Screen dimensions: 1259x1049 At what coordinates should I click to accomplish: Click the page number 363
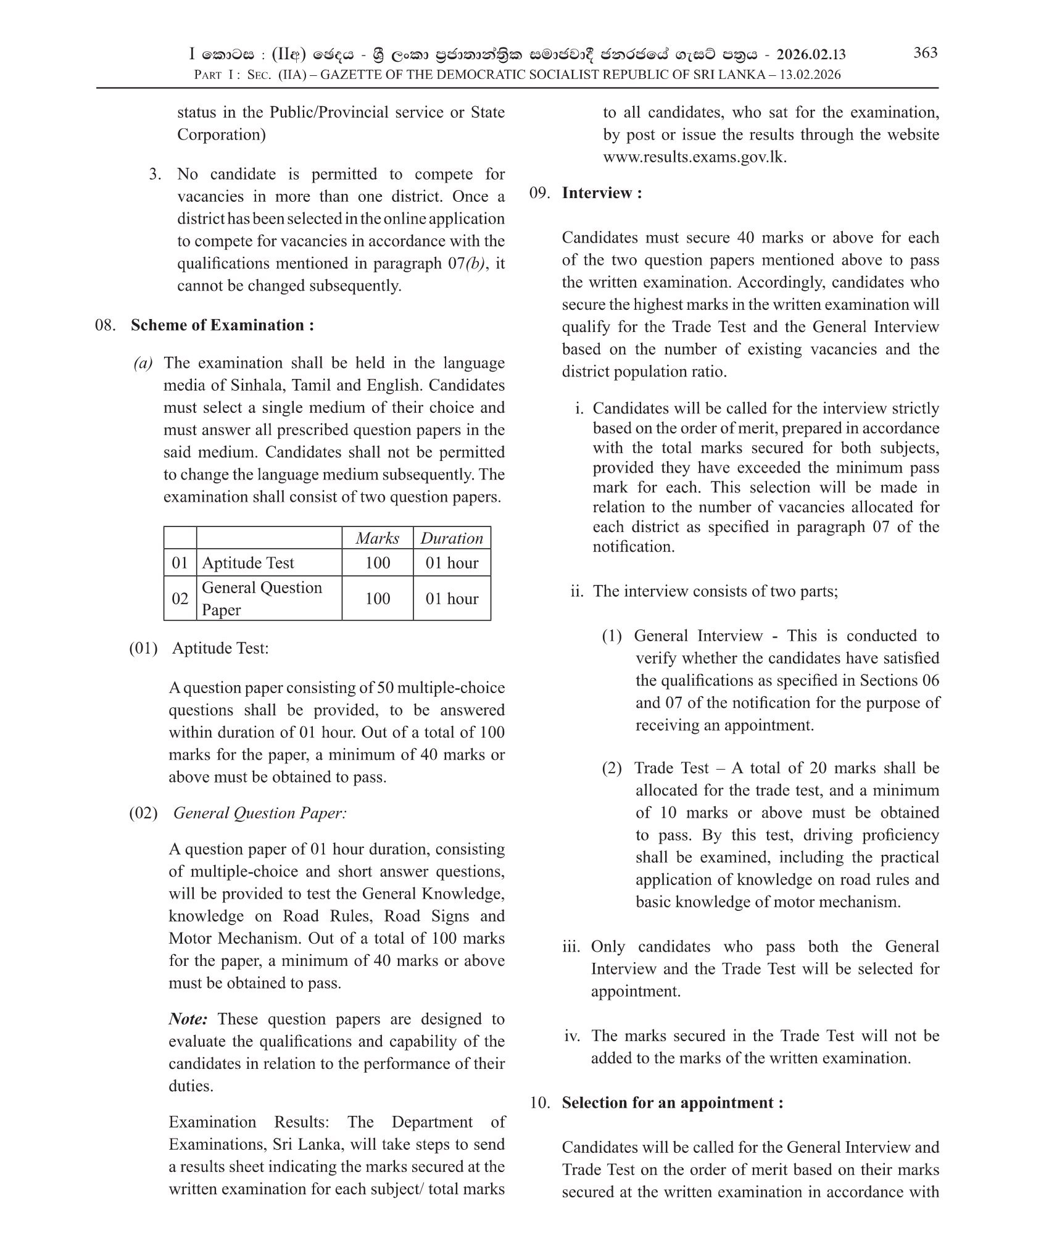[x=925, y=53]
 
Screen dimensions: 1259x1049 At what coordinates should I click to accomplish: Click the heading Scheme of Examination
[x=222, y=325]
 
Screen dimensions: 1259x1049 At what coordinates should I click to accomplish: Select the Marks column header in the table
[x=377, y=538]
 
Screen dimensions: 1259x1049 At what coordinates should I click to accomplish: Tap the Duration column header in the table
[x=452, y=538]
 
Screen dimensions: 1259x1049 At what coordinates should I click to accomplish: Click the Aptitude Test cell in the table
[x=248, y=563]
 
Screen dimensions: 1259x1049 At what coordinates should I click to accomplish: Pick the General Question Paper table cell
[x=262, y=598]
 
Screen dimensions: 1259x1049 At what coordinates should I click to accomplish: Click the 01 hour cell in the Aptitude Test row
[x=452, y=563]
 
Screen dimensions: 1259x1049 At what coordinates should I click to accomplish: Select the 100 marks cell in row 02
[x=377, y=599]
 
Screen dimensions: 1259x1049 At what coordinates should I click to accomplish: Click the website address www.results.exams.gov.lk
[x=695, y=157]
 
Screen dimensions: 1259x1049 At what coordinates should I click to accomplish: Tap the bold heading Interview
[x=602, y=193]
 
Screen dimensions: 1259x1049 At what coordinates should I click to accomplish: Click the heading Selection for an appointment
[x=673, y=1103]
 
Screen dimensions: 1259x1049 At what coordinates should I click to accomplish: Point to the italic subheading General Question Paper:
[x=260, y=813]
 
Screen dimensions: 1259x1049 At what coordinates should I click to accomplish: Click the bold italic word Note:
[x=189, y=1019]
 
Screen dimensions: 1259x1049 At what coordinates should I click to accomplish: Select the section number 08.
[x=106, y=325]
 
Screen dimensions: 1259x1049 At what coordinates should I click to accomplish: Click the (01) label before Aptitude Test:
[x=143, y=649]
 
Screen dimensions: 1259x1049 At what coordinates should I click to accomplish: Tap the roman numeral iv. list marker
[x=572, y=1036]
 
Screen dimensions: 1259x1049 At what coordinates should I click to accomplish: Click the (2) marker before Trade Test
[x=612, y=768]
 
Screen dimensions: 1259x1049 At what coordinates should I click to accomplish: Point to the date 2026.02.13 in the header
[x=811, y=55]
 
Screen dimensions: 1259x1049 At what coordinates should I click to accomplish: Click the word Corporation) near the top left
[x=222, y=135]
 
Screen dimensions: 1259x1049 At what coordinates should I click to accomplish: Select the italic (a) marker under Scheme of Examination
[x=143, y=364]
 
